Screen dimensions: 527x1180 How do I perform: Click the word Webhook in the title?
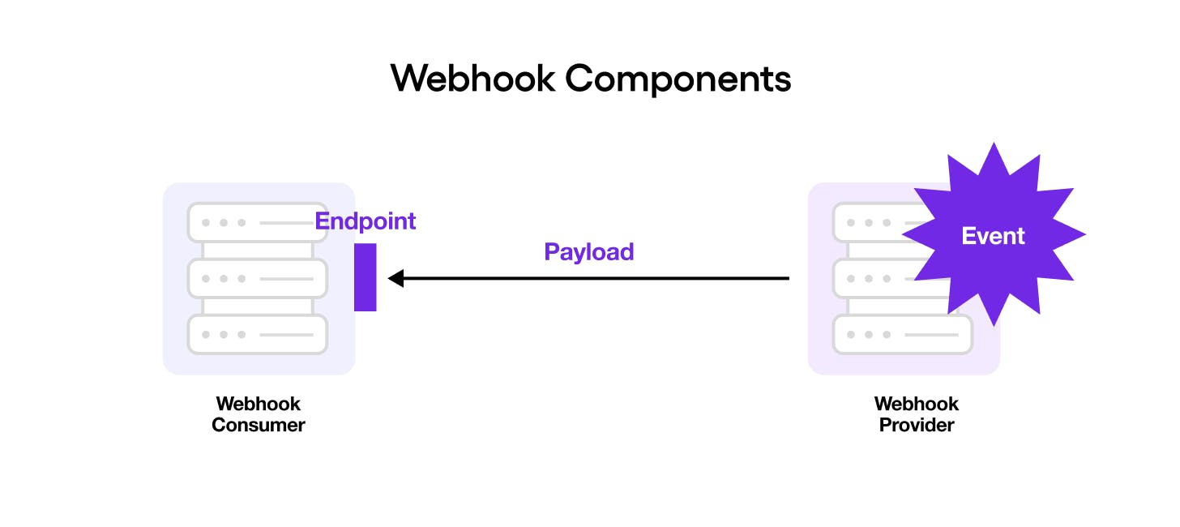472,79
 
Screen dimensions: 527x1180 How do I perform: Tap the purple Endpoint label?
365,221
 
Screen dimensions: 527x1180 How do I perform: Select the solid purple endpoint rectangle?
365,277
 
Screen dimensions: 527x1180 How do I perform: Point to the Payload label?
588,252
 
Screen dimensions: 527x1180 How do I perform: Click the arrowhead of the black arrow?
396,279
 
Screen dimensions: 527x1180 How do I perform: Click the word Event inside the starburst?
993,236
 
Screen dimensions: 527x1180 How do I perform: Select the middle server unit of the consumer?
258,278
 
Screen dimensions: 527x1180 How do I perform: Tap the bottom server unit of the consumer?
258,334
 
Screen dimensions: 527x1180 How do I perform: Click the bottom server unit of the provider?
902,334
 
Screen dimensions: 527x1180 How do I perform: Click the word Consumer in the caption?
259,425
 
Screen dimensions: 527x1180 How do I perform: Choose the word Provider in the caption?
917,425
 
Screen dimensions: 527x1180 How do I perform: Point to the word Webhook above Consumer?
259,404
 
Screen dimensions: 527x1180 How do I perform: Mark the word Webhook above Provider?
917,404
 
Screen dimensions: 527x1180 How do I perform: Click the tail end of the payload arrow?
787,279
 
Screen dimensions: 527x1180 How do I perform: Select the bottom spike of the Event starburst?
994,323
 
